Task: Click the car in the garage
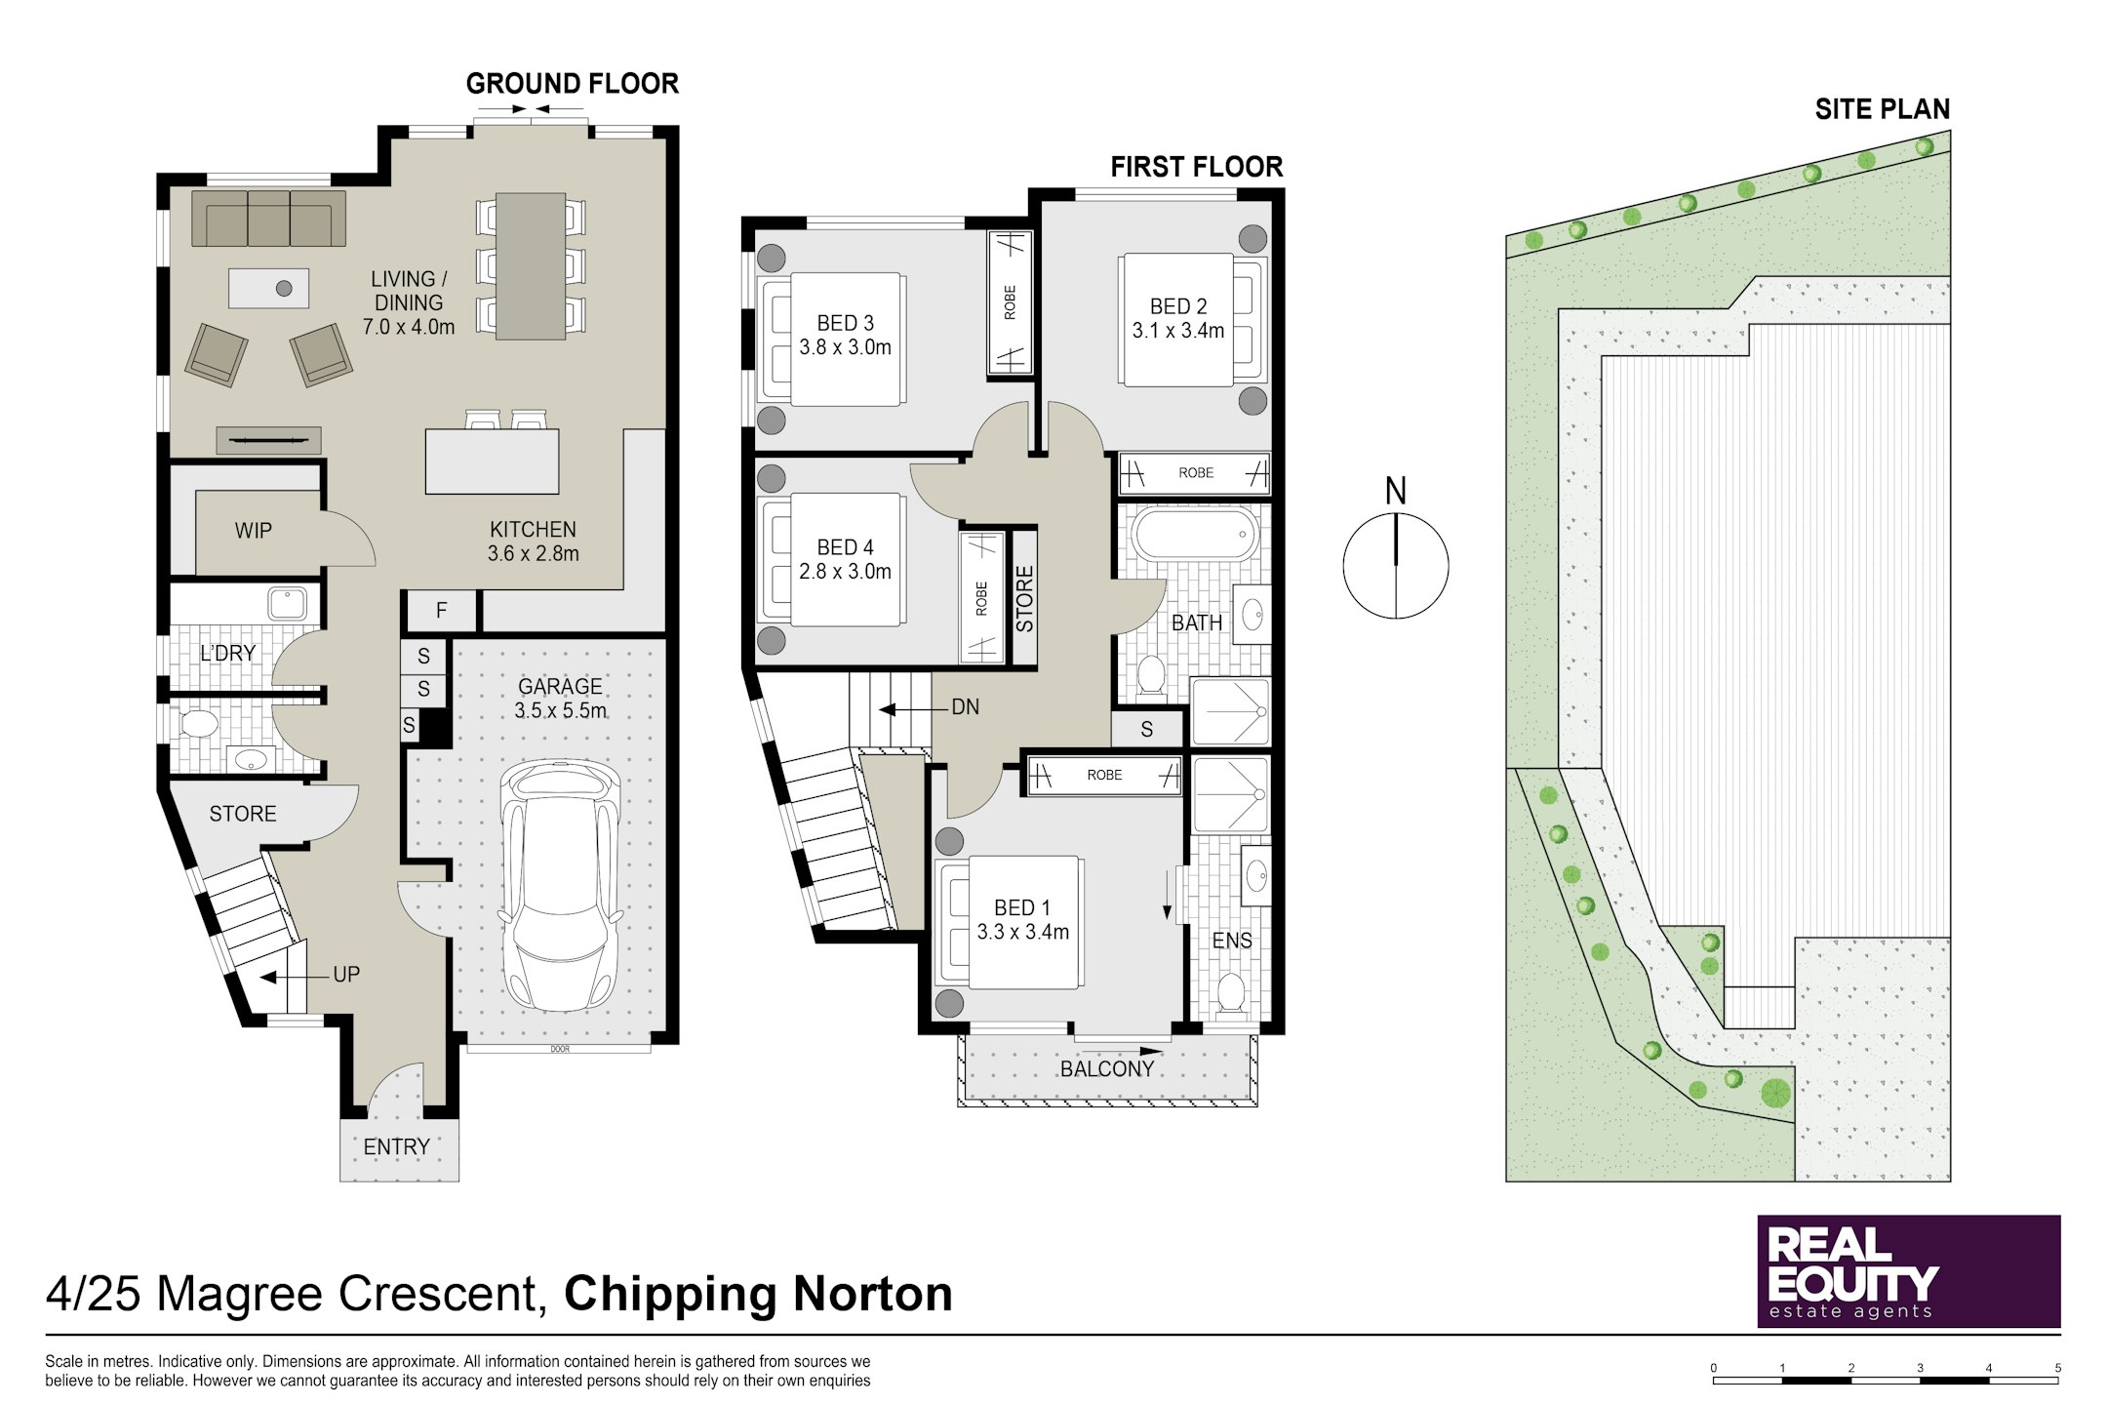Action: (x=560, y=886)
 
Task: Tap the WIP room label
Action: (x=253, y=531)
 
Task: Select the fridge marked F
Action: (x=441, y=612)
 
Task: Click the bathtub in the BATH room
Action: (x=1194, y=535)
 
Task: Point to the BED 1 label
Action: (x=1022, y=908)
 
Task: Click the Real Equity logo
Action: (x=1909, y=1271)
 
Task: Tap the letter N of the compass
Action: (x=1396, y=492)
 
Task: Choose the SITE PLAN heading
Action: (x=1882, y=109)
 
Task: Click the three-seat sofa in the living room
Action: (x=268, y=219)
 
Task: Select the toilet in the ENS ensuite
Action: (x=1231, y=993)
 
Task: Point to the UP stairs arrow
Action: (x=297, y=977)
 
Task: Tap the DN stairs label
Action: (x=966, y=707)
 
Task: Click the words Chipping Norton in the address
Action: (x=758, y=1294)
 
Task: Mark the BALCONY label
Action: (x=1107, y=1069)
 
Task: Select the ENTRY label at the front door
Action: (x=396, y=1147)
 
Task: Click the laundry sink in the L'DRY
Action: (x=288, y=603)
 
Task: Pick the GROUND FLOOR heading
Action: (x=573, y=84)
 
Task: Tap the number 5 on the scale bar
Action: (x=2058, y=1368)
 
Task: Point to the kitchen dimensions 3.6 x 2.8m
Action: (x=533, y=554)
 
